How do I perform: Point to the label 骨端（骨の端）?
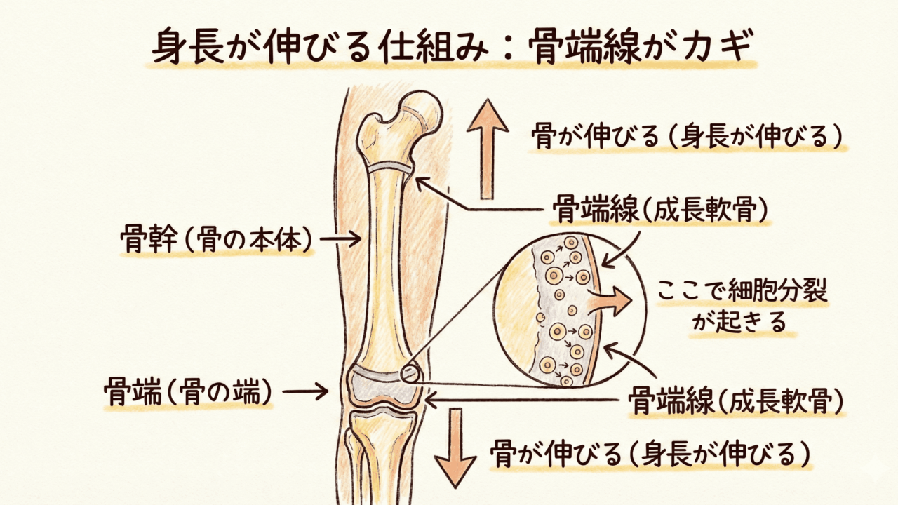coord(187,390)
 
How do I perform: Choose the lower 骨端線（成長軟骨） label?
coord(736,401)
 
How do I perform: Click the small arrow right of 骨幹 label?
coord(340,239)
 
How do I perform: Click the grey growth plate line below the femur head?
coord(391,167)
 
